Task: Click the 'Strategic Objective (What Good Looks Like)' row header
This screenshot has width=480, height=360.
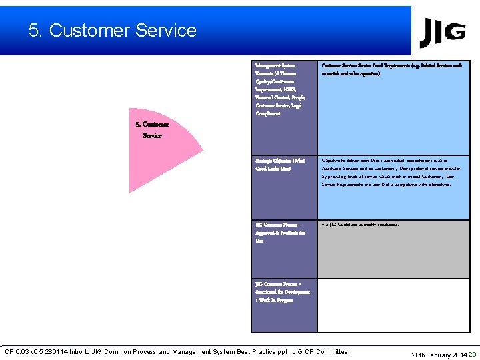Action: [279, 165]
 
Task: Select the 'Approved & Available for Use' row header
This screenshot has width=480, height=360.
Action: [280, 233]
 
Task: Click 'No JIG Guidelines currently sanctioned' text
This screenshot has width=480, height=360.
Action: [360, 225]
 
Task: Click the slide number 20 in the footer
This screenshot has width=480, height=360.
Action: [473, 354]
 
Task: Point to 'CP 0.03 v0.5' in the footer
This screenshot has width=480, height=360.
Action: [27, 352]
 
